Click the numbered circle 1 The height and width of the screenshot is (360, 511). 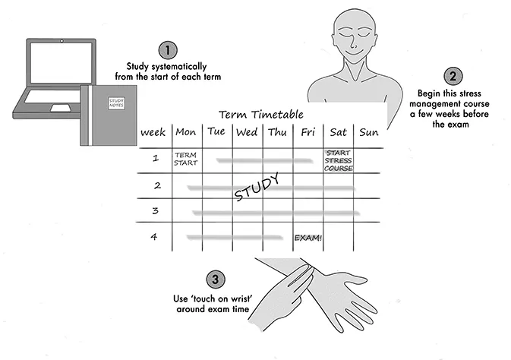pos(170,50)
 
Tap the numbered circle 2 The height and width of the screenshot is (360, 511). pos(453,76)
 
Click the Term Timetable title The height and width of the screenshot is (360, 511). pos(260,115)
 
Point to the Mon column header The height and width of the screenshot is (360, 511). pos(186,132)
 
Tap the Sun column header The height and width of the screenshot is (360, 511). pos(368,133)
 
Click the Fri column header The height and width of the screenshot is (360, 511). pos(308,133)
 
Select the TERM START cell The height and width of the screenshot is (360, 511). pos(185,159)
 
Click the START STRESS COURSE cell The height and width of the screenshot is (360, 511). pos(339,160)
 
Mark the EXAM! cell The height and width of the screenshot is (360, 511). pos(308,238)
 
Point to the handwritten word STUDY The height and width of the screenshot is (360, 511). pos(257,187)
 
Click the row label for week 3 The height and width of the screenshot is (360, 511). pos(155,210)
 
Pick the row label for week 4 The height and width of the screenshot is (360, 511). pos(155,237)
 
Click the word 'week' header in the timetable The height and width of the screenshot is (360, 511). pos(153,133)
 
